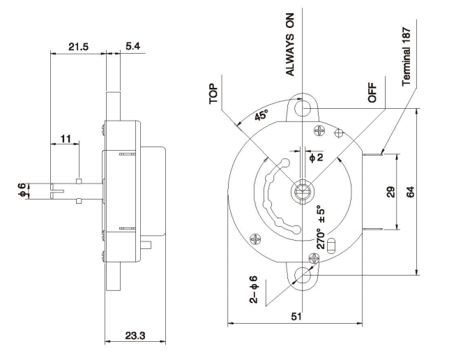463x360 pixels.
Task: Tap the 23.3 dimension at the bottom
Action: pos(134,336)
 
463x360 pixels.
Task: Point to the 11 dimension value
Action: pos(65,140)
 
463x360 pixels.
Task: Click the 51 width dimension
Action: pos(296,317)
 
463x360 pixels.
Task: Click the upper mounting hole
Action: pos(303,109)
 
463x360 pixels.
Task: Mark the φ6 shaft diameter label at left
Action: pos(22,188)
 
